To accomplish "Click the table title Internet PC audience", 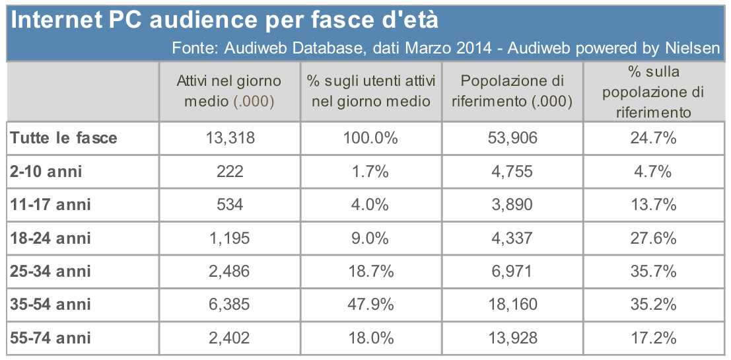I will pyautogui.click(x=225, y=20).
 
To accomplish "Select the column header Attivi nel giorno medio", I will pyautogui.click(x=229, y=91).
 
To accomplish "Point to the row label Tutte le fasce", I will pyautogui.click(x=64, y=138).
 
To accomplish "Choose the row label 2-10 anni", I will pyautogui.click(x=46, y=171).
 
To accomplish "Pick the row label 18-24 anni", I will pyautogui.click(x=51, y=238).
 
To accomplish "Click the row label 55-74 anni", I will pyautogui.click(x=51, y=338).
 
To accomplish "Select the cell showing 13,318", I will pyautogui.click(x=229, y=138).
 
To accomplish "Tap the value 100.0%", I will pyautogui.click(x=370, y=138).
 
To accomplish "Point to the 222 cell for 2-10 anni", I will pyautogui.click(x=229, y=171).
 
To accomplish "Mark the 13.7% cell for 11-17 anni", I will pyautogui.click(x=652, y=205).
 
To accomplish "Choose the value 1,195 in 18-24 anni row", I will pyautogui.click(x=229, y=238).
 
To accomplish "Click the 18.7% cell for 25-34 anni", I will pyautogui.click(x=370, y=271).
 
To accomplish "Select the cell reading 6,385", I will pyautogui.click(x=229, y=305).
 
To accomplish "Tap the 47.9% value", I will pyautogui.click(x=370, y=305).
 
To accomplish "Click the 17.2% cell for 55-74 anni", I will pyautogui.click(x=652, y=338).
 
